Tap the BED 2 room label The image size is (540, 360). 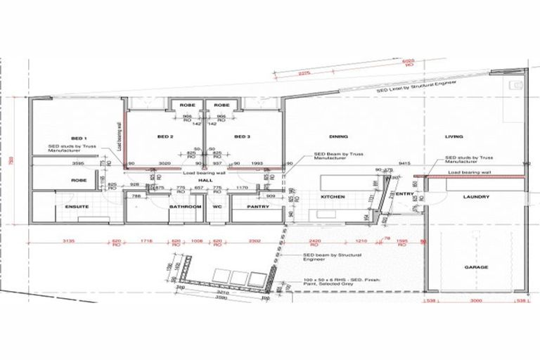pos(166,136)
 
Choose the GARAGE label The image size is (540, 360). pos(476,268)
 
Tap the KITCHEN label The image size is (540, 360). pos(333,198)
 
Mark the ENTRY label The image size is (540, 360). pos(404,194)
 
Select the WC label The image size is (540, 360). pos(217,207)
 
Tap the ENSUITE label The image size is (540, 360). pos(76,207)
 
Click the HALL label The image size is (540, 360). pos(186,181)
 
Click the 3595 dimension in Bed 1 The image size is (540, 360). pos(79,165)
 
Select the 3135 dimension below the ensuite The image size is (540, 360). pos(67,241)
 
